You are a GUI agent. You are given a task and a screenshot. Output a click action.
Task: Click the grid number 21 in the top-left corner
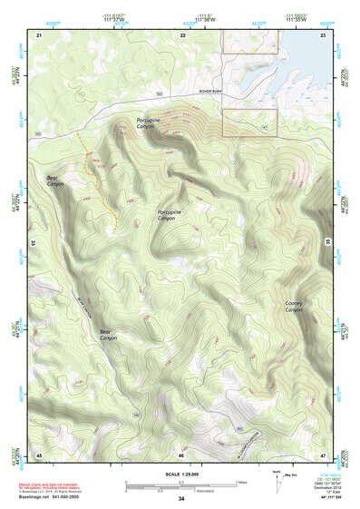pos(39,34)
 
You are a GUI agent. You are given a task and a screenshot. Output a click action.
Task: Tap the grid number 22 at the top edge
pos(182,34)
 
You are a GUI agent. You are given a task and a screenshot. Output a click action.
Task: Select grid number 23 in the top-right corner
pos(323,34)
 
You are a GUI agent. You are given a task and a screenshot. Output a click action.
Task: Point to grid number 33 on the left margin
pos(34,243)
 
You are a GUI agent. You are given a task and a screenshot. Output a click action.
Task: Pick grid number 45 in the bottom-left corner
pos(39,454)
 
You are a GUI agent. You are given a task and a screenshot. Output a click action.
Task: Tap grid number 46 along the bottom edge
pos(181,454)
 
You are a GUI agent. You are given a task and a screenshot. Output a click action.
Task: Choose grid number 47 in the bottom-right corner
pos(323,454)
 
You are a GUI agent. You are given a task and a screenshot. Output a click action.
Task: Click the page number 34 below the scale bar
pos(181,499)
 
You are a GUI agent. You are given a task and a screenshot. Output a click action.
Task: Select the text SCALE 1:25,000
pos(180,473)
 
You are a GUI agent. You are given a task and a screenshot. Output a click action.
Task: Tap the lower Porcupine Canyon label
pos(167,215)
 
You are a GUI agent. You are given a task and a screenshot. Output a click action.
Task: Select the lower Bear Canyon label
pos(108,335)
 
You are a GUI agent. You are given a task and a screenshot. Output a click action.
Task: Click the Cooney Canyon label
pos(294,307)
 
